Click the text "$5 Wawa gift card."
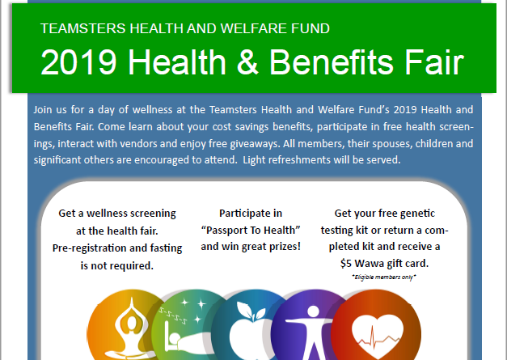tap(385, 263)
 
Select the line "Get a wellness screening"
tap(117, 214)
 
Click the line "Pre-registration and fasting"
tap(117, 247)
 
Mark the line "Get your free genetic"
tap(385, 214)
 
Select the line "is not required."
tap(117, 264)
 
